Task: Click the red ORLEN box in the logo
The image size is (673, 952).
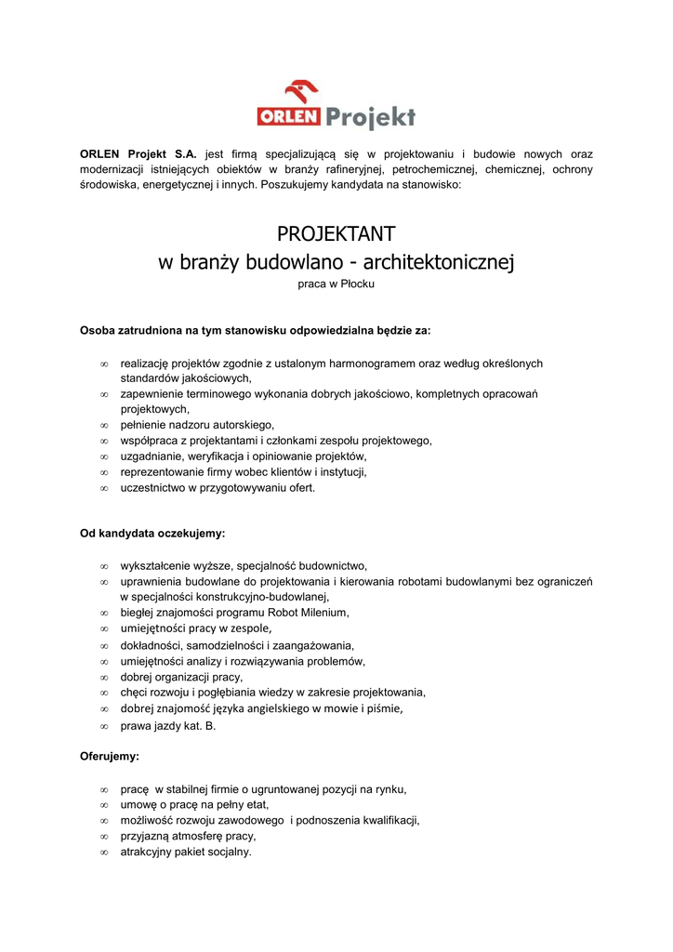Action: coord(289,117)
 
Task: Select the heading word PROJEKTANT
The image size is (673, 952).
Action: coord(336,233)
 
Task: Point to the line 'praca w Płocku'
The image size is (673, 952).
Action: coord(336,284)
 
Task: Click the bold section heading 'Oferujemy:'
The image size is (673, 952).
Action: coord(110,757)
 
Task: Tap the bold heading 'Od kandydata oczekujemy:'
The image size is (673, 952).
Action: coord(152,534)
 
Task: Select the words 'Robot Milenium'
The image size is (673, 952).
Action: coord(308,613)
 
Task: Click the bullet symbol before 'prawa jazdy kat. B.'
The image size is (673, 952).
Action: coord(104,726)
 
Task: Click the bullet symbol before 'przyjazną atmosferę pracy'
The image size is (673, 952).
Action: coord(104,837)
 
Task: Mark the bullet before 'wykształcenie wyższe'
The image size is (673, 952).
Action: coord(104,565)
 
